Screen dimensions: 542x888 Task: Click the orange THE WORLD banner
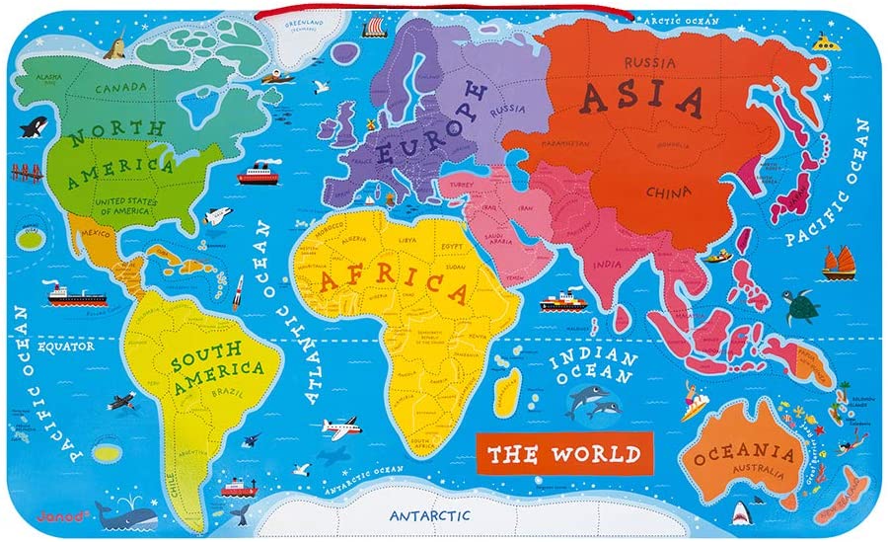point(562,456)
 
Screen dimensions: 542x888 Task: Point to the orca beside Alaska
point(37,125)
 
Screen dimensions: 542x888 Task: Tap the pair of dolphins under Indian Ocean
point(592,402)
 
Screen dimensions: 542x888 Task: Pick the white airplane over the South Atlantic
point(338,428)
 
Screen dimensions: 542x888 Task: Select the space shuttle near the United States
point(216,215)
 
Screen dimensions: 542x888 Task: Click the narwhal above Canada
point(115,45)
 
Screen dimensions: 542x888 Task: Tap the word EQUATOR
point(65,348)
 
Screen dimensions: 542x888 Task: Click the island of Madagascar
point(505,391)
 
